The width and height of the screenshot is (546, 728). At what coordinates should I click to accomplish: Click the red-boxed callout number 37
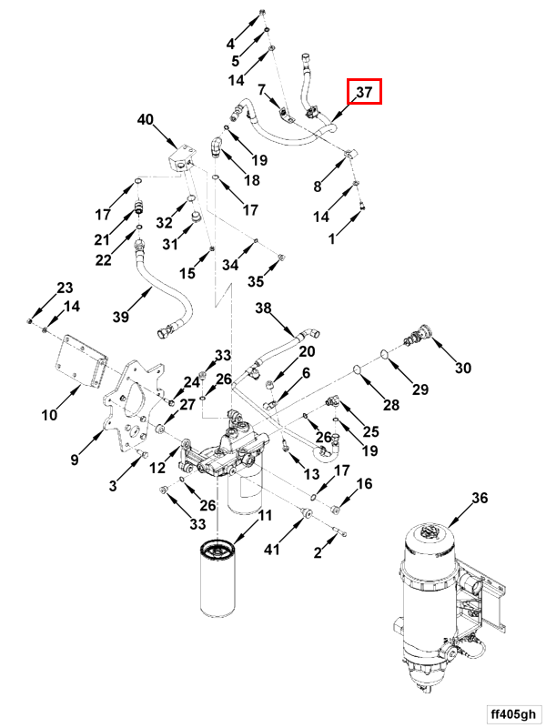click(x=364, y=92)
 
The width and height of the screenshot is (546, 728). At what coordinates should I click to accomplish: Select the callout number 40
click(x=146, y=119)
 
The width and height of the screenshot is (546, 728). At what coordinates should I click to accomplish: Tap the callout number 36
click(x=480, y=498)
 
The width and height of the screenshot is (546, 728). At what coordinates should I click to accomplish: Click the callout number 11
click(x=265, y=516)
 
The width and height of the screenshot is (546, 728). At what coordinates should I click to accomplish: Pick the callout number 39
click(x=121, y=317)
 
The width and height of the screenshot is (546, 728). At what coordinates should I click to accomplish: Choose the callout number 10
click(x=49, y=415)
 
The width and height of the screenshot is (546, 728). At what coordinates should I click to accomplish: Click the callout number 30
click(x=463, y=368)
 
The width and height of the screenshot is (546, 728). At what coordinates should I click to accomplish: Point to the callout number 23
click(x=65, y=288)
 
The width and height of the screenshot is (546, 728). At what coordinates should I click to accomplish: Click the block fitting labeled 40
click(x=182, y=160)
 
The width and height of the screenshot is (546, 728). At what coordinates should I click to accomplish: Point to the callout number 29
click(x=420, y=389)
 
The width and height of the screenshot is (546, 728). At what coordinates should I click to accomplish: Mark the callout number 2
click(x=318, y=552)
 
